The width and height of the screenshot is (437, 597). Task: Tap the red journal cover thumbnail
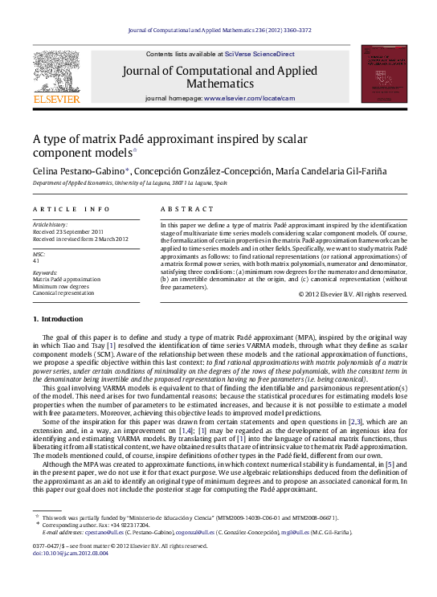tap(384, 74)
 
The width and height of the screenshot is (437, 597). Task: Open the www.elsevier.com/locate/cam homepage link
tap(250, 98)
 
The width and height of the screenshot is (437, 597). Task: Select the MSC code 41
tap(36, 260)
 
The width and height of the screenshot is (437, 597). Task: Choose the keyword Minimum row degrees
tap(62, 286)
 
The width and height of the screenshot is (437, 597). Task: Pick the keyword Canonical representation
tap(63, 293)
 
